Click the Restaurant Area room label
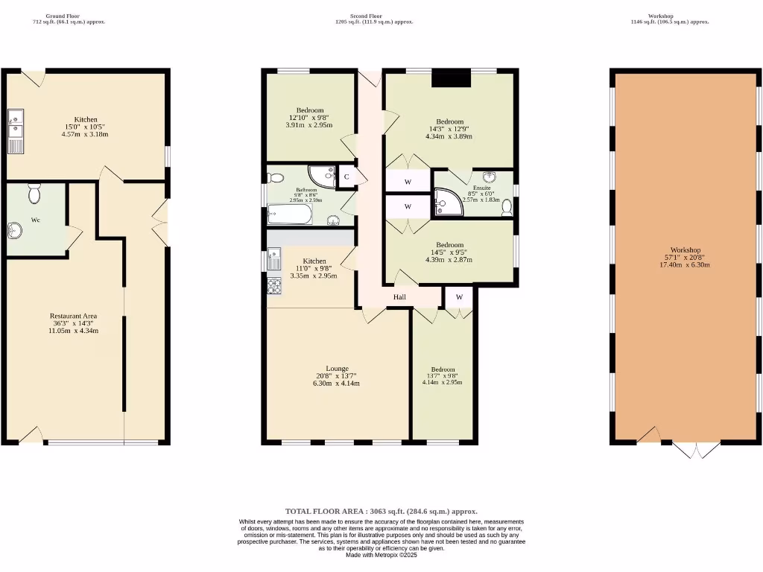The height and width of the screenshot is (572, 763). [x=74, y=316]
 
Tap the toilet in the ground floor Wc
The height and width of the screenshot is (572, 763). [x=34, y=194]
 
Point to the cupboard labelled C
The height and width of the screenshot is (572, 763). [x=346, y=177]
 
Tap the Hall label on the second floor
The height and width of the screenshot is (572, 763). [x=400, y=297]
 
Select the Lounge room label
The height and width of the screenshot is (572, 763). [x=337, y=369]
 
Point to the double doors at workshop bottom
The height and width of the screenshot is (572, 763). [x=696, y=449]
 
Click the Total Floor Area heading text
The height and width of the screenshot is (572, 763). [x=381, y=512]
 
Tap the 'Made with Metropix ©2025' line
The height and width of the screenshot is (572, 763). [x=381, y=555]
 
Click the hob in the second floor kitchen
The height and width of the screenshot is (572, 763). [x=274, y=286]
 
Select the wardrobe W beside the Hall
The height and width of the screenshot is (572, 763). [x=459, y=297]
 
